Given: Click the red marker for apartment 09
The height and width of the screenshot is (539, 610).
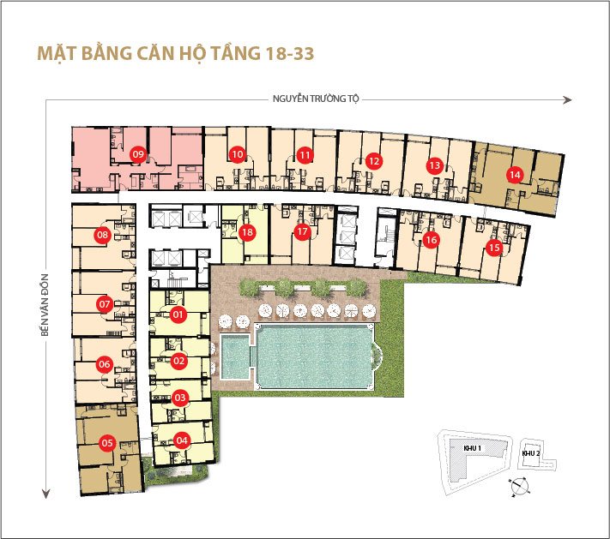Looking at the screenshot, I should click(138, 154).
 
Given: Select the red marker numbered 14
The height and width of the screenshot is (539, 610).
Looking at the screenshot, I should click(514, 174).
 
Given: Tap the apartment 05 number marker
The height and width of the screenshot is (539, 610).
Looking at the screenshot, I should click(107, 443).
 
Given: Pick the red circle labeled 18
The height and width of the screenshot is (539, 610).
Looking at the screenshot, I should click(247, 232).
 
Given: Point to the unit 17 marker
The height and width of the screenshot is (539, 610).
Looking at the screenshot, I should click(301, 232).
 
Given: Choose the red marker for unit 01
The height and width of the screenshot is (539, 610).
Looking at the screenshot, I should click(179, 315).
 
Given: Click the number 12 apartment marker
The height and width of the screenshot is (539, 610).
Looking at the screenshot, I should click(372, 160).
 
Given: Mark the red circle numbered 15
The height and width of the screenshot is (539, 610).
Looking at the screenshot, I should click(493, 249).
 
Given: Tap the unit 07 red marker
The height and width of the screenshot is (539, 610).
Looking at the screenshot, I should click(105, 303).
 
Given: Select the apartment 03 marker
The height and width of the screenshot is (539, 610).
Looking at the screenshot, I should click(180, 398).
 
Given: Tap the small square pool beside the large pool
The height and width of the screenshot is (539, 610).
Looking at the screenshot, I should click(233, 356).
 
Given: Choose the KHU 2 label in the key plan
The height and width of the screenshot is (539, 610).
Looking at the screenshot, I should click(531, 453).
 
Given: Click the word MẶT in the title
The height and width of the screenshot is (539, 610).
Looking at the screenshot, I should click(56, 52).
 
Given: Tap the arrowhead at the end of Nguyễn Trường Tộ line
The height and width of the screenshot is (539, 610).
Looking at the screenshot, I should click(566, 100).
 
